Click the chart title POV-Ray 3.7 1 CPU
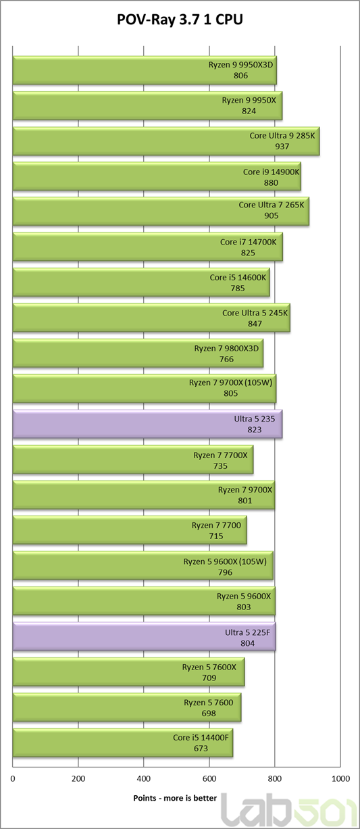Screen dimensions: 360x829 tap(180, 20)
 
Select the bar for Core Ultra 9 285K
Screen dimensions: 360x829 tap(166, 141)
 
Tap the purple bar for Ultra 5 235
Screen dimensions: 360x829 tap(148, 424)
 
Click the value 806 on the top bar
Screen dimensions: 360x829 tap(240, 76)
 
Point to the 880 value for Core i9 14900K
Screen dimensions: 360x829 tap(271, 183)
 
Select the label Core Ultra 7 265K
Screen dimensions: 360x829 tap(272, 205)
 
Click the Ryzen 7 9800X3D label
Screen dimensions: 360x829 tap(226, 349)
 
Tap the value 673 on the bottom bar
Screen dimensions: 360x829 tap(201, 749)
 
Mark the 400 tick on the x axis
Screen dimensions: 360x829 tap(144, 778)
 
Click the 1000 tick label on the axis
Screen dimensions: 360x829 tap(340, 778)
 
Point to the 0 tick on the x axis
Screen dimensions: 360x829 tap(13, 778)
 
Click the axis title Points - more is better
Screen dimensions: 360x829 tap(175, 798)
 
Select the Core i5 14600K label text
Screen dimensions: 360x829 tap(238, 278)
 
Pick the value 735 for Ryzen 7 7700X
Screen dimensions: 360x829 tap(220, 466)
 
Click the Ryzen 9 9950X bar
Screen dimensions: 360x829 tap(148, 106)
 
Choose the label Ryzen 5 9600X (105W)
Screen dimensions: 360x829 tap(225, 562)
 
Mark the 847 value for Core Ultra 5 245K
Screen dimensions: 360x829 tap(255, 324)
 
